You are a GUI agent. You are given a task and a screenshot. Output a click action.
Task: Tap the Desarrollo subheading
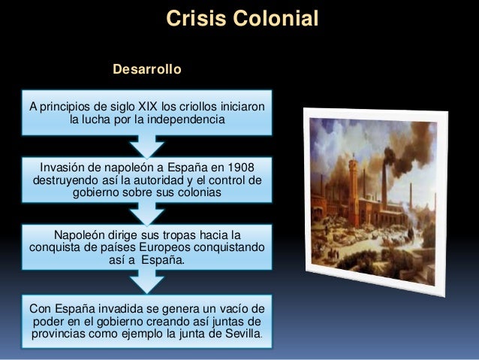pos(146,70)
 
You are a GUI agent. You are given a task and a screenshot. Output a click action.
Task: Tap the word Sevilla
pos(241,333)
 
